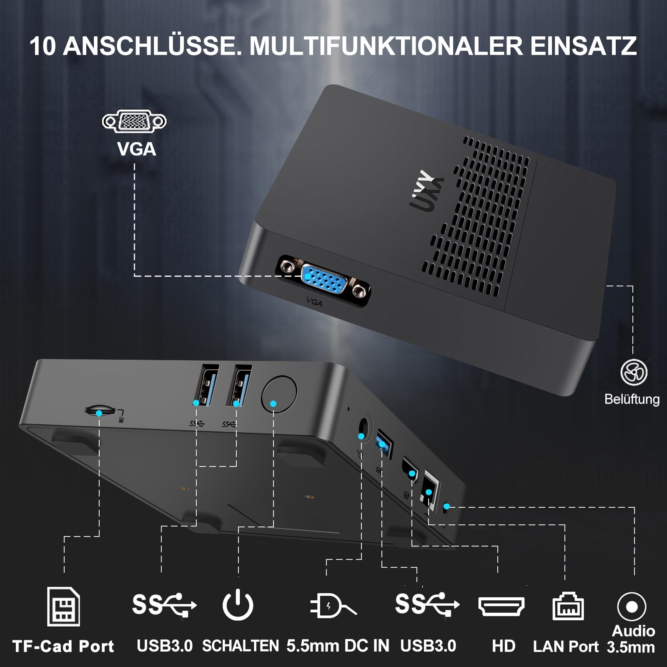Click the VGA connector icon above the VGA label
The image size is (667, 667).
[134, 121]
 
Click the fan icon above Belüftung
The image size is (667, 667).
[634, 372]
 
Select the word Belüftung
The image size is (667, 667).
[632, 399]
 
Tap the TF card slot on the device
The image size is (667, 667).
[100, 411]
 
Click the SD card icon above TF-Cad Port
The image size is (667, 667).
[63, 607]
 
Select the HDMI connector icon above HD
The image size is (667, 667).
[502, 607]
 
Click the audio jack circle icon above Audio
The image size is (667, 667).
[632, 607]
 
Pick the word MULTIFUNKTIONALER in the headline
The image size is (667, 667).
[386, 46]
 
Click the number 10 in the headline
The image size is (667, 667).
[43, 46]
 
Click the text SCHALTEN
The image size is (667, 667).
[241, 646]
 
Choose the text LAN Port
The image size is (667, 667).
[566, 646]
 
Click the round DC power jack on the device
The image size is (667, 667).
[364, 428]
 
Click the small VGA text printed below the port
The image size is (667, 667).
[314, 301]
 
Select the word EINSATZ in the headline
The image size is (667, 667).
[583, 46]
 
